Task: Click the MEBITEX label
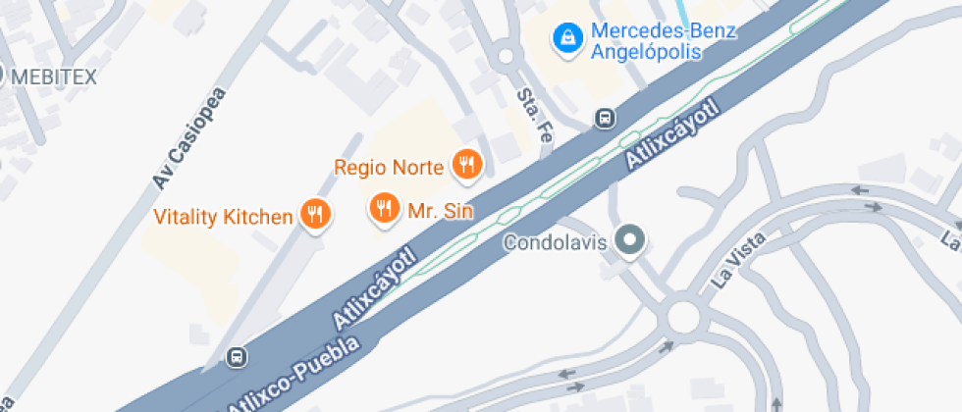click(x=53, y=77)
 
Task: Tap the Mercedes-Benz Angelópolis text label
click(x=663, y=41)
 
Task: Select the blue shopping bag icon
click(x=566, y=39)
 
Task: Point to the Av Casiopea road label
click(x=189, y=138)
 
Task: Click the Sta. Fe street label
click(x=535, y=116)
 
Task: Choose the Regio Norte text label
click(x=390, y=166)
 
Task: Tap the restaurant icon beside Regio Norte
click(x=466, y=165)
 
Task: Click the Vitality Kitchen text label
click(x=224, y=217)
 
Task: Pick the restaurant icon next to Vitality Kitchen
click(x=315, y=215)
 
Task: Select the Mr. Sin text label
click(x=441, y=210)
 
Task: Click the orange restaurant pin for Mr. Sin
click(x=383, y=208)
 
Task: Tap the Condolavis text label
click(x=557, y=241)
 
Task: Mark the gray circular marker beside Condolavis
click(x=629, y=240)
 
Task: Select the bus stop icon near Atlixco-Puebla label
click(x=236, y=357)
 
